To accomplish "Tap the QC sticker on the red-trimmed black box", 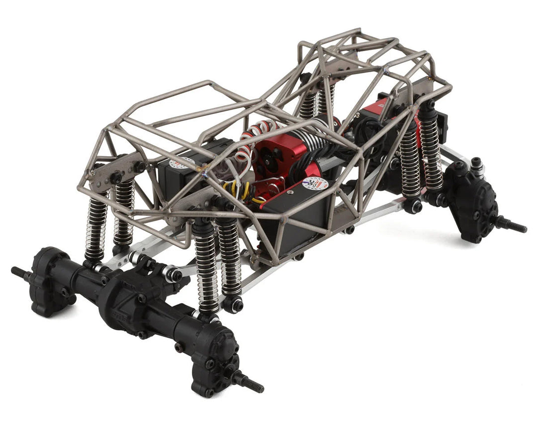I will tap(315, 184).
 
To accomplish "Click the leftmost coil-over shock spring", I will tap(96, 224).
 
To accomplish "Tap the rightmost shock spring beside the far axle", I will tap(430, 149).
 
